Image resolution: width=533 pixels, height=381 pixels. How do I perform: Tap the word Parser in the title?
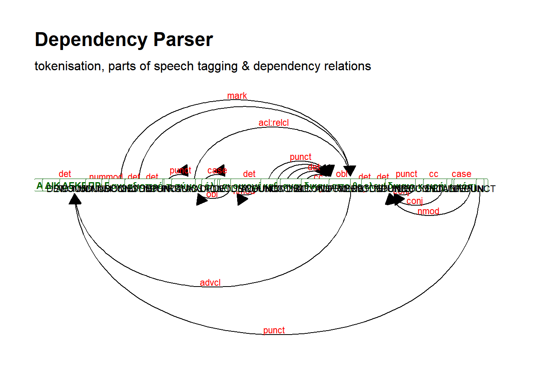pyautogui.click(x=183, y=40)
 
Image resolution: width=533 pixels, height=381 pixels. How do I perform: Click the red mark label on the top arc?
pyautogui.click(x=237, y=96)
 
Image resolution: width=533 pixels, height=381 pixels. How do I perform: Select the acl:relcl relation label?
pyautogui.click(x=274, y=123)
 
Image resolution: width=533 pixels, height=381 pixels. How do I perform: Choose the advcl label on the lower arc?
pyautogui.click(x=210, y=283)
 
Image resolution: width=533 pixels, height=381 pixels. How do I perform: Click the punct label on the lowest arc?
pyautogui.click(x=274, y=330)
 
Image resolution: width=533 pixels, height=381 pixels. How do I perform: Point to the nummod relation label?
pyautogui.click(x=105, y=177)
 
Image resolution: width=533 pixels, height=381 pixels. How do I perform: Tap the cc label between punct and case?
pyautogui.click(x=433, y=174)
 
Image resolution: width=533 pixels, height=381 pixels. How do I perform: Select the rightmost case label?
pyautogui.click(x=461, y=174)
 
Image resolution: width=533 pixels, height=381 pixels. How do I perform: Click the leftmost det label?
pyautogui.click(x=65, y=174)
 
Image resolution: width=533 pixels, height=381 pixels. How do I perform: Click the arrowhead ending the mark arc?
pyautogui.click(x=350, y=171)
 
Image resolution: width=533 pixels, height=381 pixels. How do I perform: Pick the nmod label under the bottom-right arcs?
pyautogui.click(x=428, y=211)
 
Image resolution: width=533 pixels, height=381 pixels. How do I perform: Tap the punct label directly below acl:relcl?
pyautogui.click(x=301, y=157)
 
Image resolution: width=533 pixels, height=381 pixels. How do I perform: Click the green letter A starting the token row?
pyautogui.click(x=39, y=185)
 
